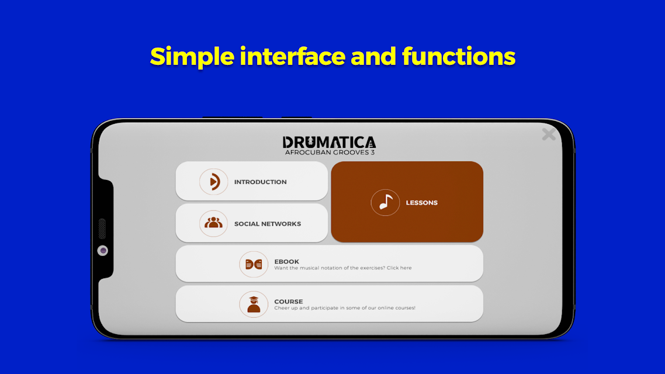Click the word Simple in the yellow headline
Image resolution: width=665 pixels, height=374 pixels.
click(192, 57)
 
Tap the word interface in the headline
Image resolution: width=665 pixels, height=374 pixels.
click(293, 56)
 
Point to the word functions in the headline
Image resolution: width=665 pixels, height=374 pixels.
click(459, 56)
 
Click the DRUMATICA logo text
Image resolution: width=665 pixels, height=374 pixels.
click(329, 143)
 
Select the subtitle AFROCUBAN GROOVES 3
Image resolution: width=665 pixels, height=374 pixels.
click(330, 152)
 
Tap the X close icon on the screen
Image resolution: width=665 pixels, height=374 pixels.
click(549, 134)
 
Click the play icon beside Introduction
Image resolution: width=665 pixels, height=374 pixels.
click(214, 182)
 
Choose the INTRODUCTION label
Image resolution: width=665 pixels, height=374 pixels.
click(261, 182)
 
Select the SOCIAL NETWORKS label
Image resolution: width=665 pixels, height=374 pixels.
click(268, 224)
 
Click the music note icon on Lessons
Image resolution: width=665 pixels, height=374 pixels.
click(385, 202)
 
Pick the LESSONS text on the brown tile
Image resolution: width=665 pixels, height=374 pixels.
click(421, 203)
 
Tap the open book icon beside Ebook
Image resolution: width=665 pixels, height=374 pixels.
click(254, 264)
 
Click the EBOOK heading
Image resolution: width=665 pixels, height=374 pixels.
click(287, 262)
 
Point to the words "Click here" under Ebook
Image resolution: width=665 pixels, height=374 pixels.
click(399, 268)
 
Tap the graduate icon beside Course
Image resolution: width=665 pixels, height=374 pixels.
click(254, 304)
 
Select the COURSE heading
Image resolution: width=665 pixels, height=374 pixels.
click(289, 302)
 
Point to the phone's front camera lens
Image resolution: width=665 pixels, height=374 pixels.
click(103, 251)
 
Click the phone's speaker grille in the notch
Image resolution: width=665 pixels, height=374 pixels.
click(102, 228)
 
